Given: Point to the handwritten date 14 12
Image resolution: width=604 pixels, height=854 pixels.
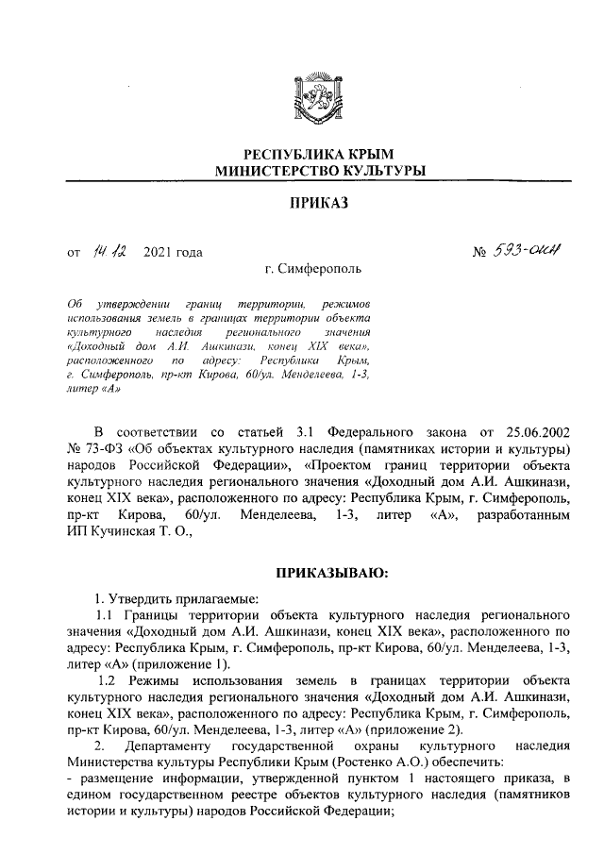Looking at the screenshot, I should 111,251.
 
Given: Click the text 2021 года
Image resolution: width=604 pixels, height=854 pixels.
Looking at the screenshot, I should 173,253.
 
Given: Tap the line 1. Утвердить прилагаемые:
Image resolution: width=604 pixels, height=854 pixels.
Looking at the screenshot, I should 174,595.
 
